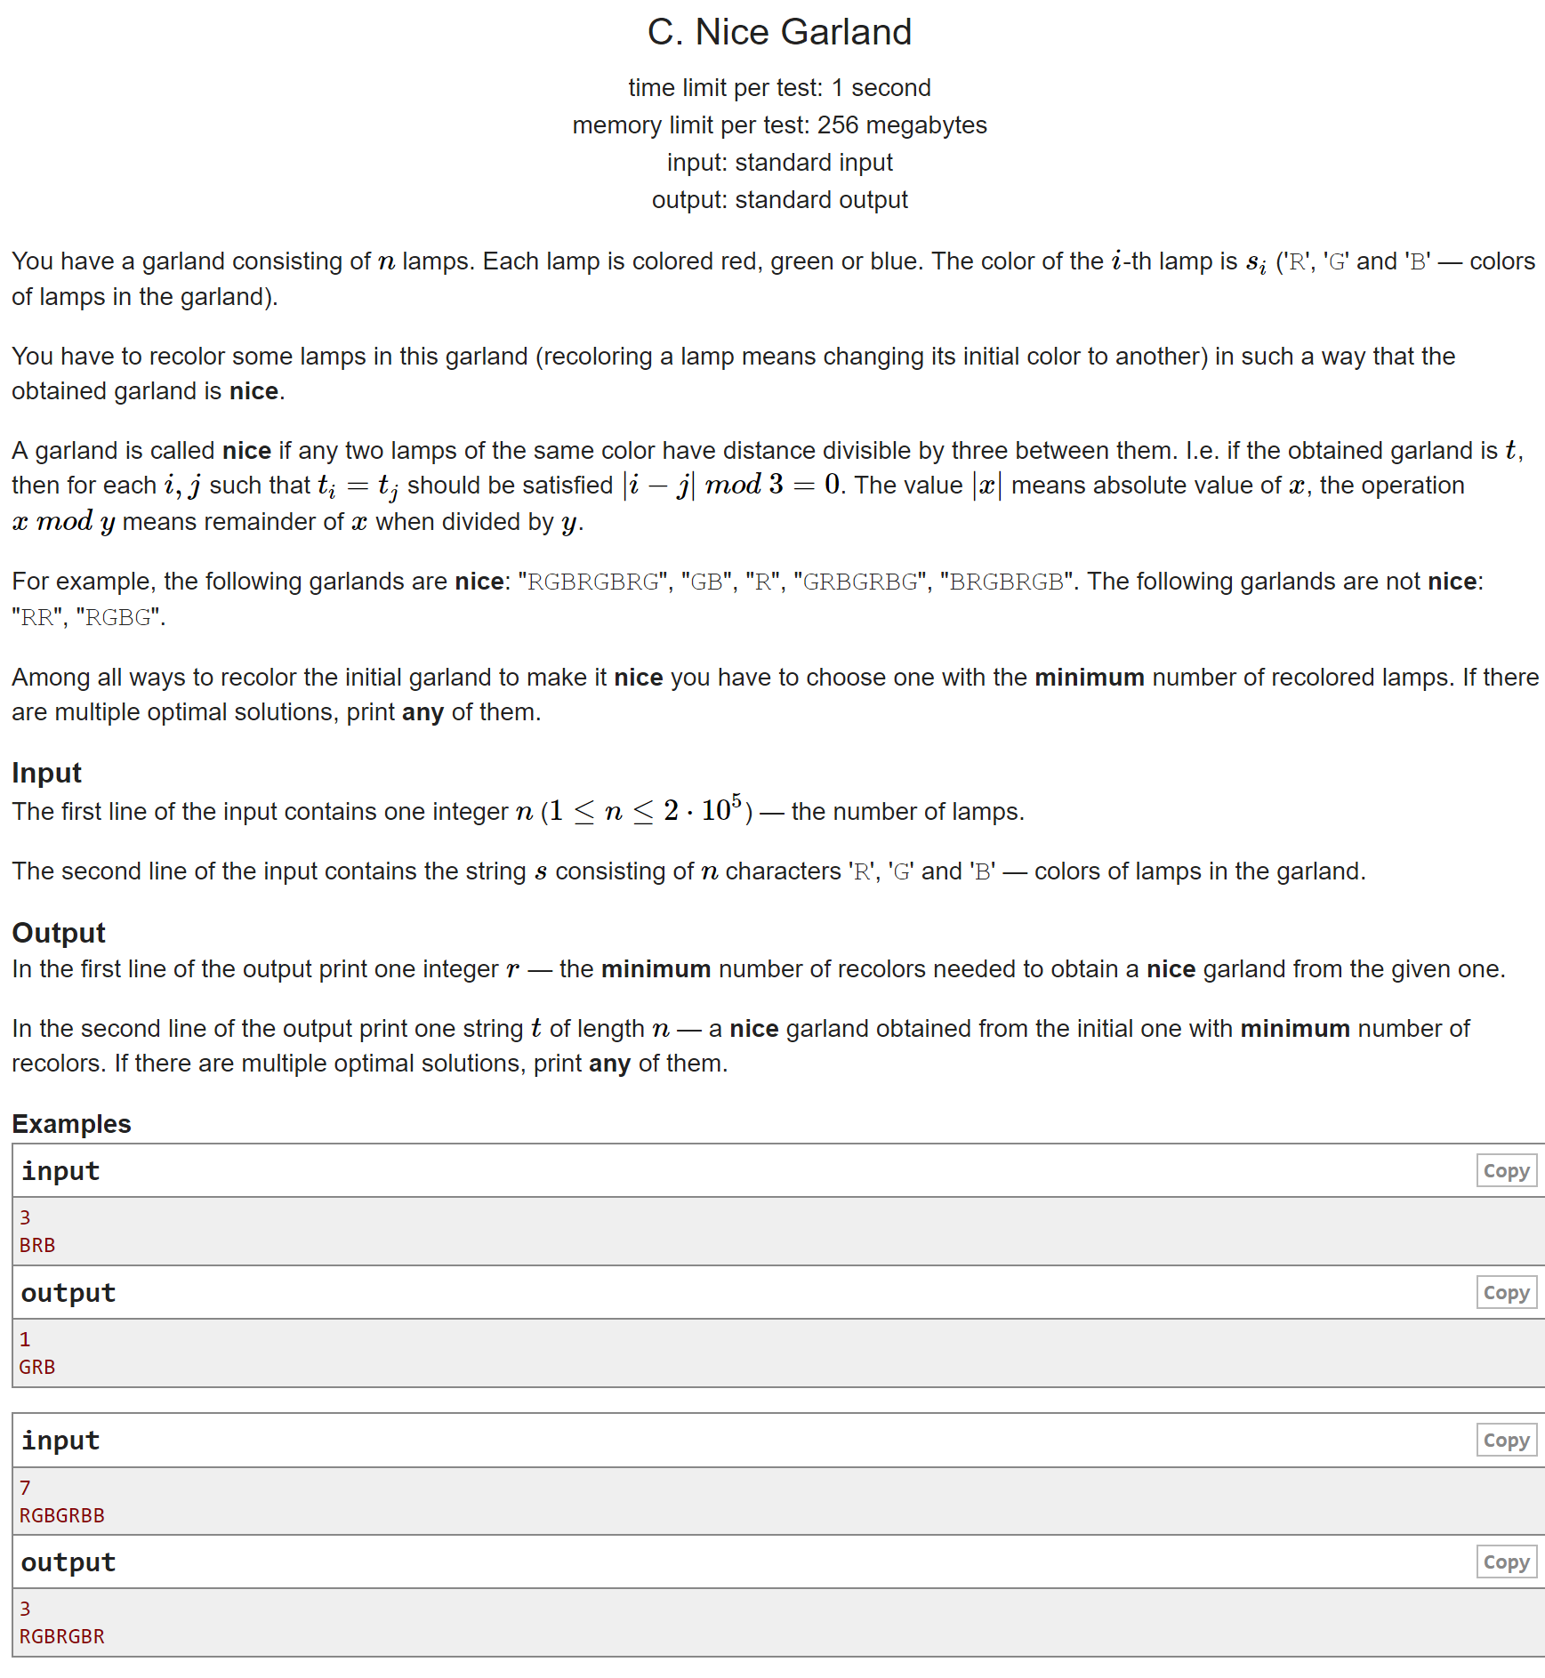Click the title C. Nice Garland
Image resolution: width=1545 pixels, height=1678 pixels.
coord(779,32)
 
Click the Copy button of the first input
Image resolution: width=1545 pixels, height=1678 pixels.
coord(1506,1170)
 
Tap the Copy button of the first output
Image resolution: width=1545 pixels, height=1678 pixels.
coord(1506,1292)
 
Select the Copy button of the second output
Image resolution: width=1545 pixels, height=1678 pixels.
coord(1506,1562)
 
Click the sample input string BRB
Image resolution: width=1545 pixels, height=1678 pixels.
coord(37,1245)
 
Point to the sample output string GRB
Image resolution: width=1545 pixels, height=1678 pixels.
coord(37,1367)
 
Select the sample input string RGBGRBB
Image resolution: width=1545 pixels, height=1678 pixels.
coord(61,1515)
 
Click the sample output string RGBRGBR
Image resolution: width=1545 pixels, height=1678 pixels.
coord(61,1636)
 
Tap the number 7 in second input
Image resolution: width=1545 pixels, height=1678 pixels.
coord(25,1488)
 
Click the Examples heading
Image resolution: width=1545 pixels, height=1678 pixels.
coord(71,1124)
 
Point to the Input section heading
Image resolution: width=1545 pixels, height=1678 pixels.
coord(46,773)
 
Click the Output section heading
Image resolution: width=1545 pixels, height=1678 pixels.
coord(59,933)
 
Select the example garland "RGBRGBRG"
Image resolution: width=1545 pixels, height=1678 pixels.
coord(593,582)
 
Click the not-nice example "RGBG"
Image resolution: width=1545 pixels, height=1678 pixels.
coord(117,617)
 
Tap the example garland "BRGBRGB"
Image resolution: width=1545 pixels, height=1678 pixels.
coord(1006,582)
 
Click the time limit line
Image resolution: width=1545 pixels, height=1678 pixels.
coord(779,88)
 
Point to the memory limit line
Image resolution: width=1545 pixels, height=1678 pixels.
coord(779,125)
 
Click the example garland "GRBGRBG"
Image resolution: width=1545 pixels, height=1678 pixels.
coord(860,582)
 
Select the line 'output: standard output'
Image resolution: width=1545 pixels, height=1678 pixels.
coord(779,200)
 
